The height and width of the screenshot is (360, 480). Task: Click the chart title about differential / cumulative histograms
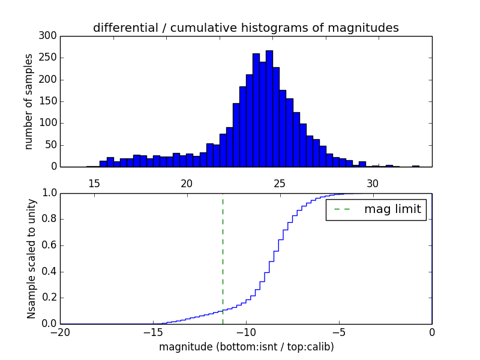tap(245, 28)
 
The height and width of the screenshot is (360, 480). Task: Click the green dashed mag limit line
tap(223, 258)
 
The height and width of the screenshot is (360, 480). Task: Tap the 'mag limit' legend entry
tap(376, 210)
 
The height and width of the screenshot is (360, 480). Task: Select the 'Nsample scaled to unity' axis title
tap(31, 259)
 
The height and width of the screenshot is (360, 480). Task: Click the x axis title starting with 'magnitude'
tap(247, 347)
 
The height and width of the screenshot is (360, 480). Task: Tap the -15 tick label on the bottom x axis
tap(153, 333)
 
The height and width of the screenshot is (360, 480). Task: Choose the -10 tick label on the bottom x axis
tap(246, 333)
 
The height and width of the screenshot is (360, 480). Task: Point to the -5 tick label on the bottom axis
tap(339, 333)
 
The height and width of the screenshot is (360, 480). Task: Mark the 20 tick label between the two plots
tap(187, 183)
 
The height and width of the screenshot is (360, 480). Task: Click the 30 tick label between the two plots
tap(373, 183)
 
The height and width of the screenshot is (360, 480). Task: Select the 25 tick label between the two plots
tap(280, 183)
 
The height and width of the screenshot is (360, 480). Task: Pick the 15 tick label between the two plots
tap(94, 183)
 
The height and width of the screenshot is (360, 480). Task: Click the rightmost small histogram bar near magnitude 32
tap(415, 166)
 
